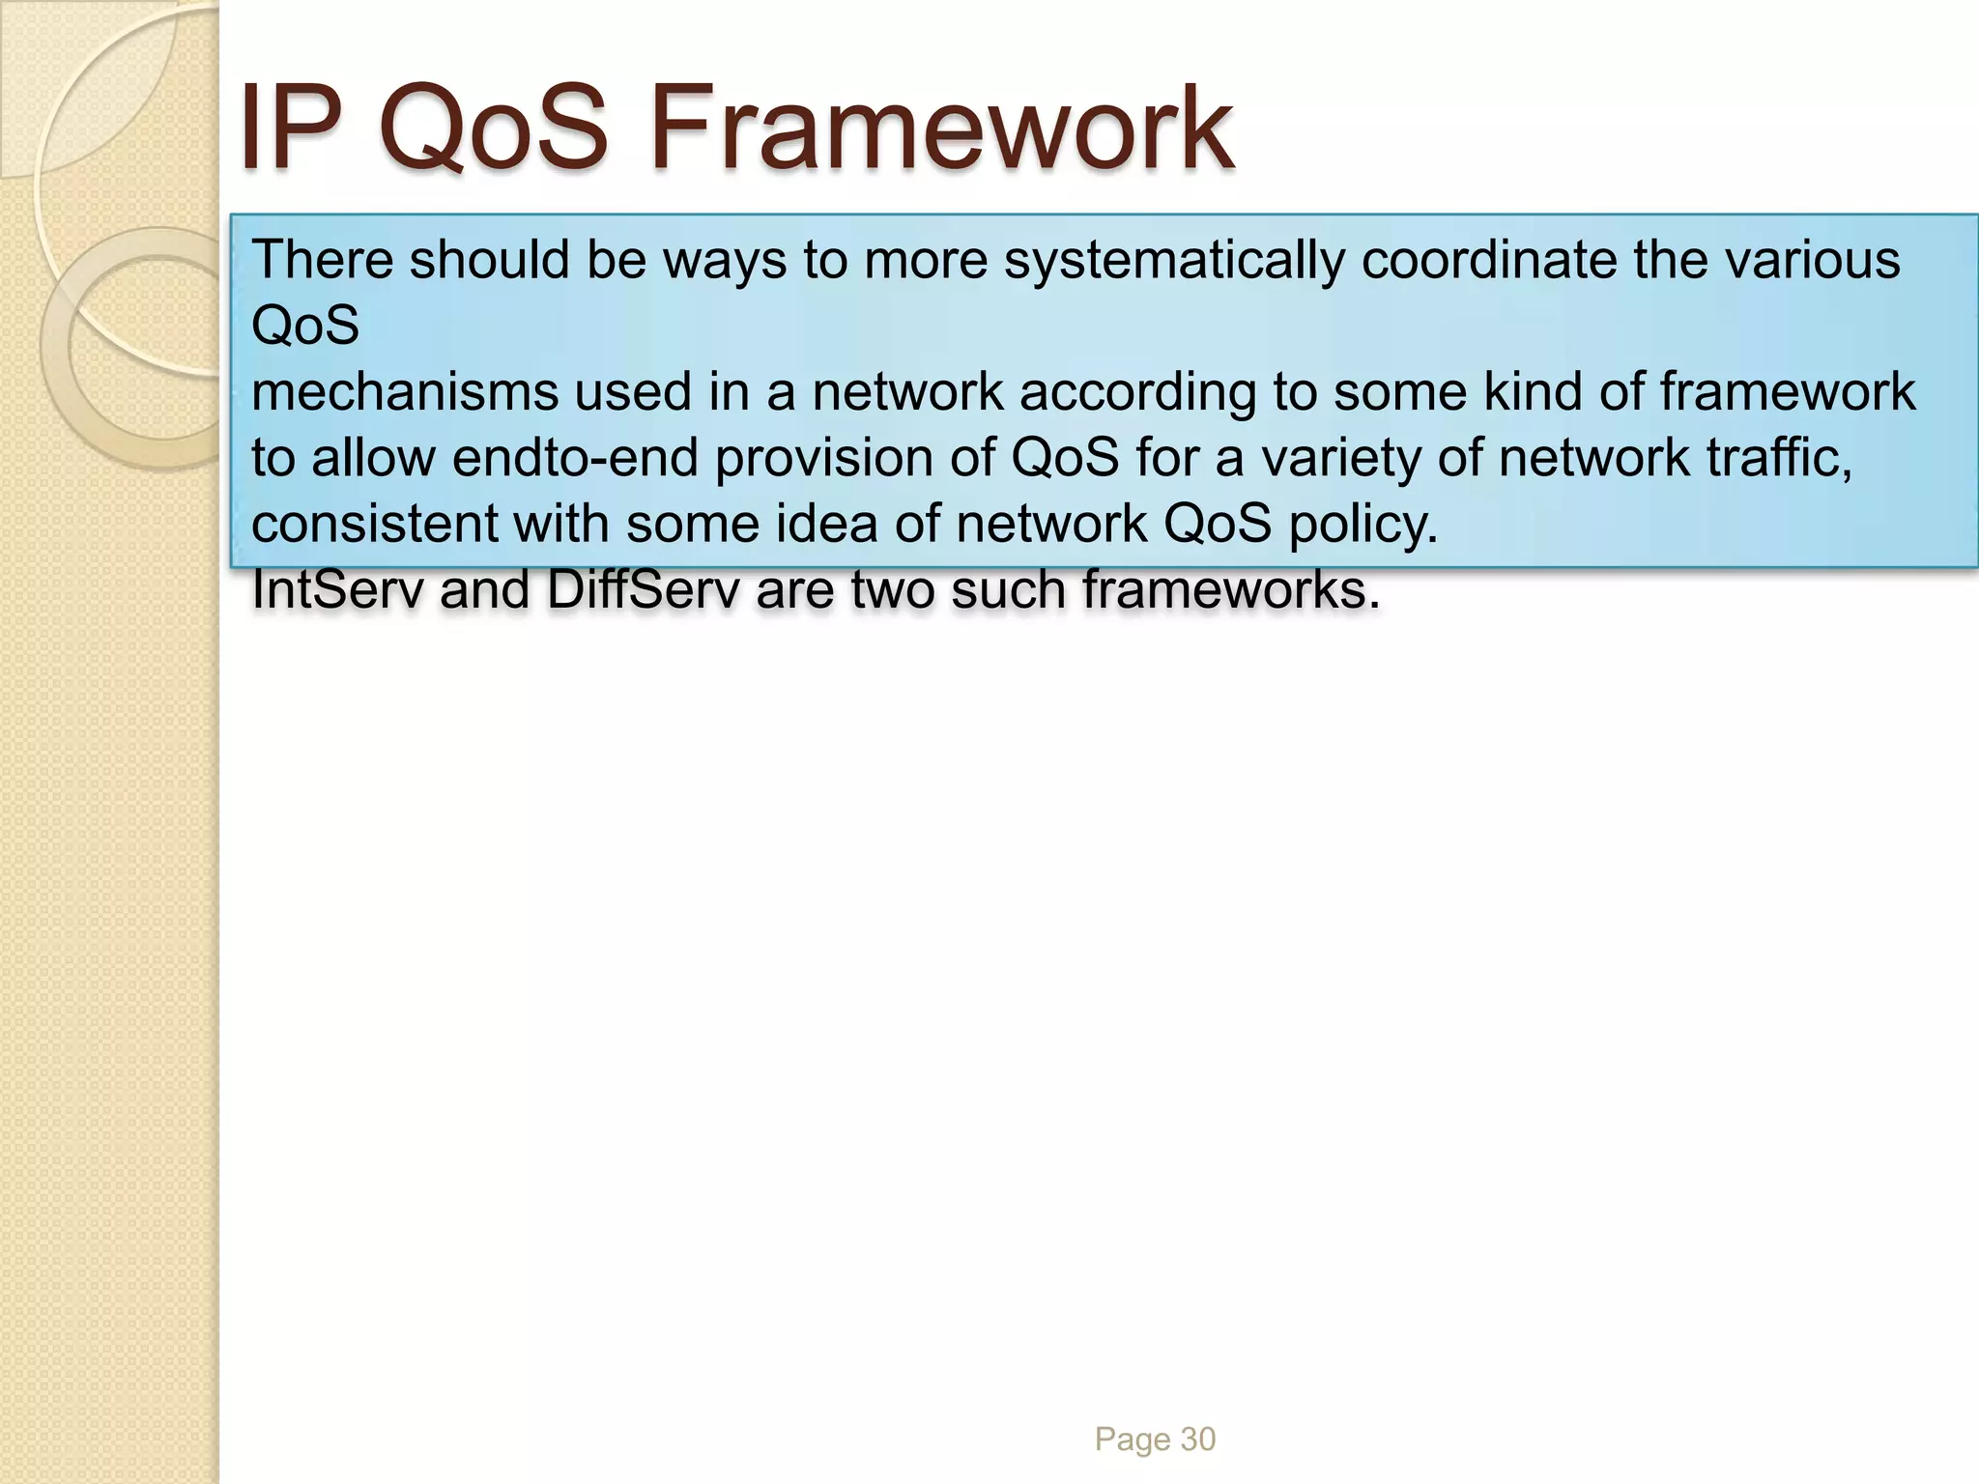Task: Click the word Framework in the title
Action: tap(942, 128)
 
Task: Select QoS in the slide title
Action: tap(494, 128)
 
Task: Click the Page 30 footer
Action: tap(1155, 1440)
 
